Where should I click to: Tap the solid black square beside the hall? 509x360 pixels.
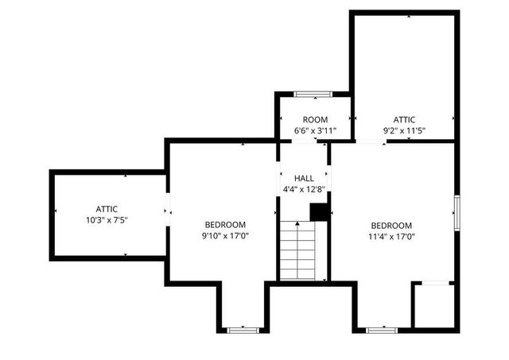pos(320,212)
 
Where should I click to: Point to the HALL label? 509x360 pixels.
pos(304,178)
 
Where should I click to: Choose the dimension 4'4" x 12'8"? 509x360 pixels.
pos(304,189)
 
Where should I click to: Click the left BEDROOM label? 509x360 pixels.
pos(225,224)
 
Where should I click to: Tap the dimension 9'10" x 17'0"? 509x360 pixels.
pos(225,235)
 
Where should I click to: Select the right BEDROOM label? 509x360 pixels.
pos(391,225)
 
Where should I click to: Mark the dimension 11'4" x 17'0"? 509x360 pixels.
pos(391,236)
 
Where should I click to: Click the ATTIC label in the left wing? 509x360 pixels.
pos(107,208)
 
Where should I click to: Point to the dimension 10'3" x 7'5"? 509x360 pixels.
pos(107,219)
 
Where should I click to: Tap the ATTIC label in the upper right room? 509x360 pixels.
pos(404,119)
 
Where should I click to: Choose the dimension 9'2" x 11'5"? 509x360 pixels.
pos(404,130)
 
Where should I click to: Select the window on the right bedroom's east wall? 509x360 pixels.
pos(457,213)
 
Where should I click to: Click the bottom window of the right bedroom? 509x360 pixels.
pos(382,328)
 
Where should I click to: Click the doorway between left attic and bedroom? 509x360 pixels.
pos(167,210)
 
